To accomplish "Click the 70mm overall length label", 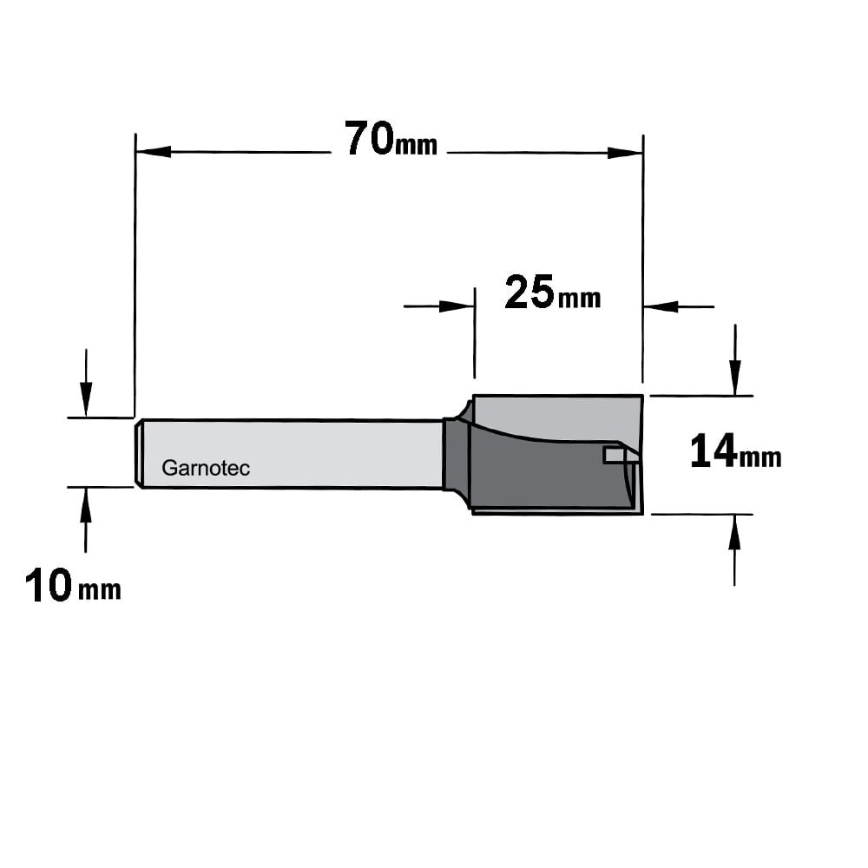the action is click(x=391, y=139).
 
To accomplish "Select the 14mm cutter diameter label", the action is click(x=736, y=451).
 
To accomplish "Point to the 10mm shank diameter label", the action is click(x=73, y=585).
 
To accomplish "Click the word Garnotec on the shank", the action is click(x=206, y=469).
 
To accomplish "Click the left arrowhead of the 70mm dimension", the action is click(x=154, y=152).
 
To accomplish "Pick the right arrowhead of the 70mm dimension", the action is click(x=625, y=153).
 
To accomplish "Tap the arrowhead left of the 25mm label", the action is click(x=457, y=306).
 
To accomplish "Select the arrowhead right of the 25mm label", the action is click(x=661, y=306).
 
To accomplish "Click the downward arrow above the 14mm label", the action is click(x=734, y=360).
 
